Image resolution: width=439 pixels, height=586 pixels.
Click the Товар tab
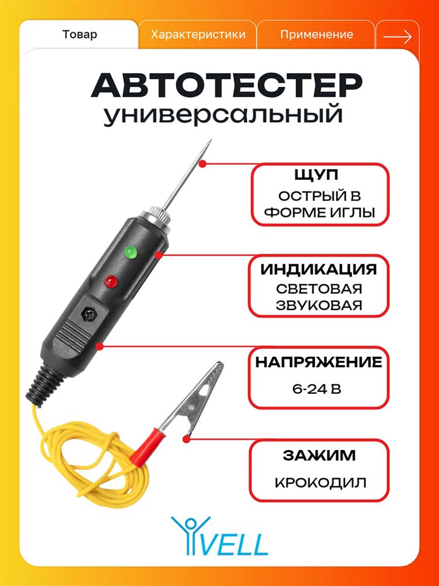(x=80, y=35)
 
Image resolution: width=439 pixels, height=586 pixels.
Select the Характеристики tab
(x=198, y=35)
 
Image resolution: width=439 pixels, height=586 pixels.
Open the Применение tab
(x=317, y=35)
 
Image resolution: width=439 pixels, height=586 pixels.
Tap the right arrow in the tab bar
(x=398, y=36)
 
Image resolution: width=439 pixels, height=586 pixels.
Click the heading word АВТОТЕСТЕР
(x=227, y=86)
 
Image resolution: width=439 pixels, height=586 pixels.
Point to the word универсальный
(x=222, y=114)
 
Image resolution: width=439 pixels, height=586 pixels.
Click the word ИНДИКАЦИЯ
(x=319, y=269)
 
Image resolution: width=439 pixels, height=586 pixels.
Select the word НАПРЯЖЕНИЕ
(x=319, y=362)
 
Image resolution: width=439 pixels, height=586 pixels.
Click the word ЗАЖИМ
(x=319, y=455)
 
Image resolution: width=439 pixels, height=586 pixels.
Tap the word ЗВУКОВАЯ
(x=320, y=305)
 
